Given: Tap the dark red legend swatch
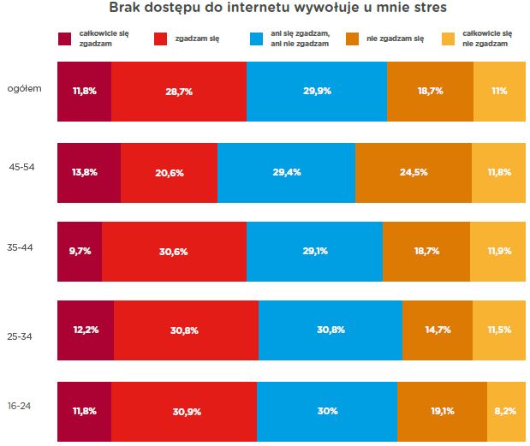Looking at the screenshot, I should click(x=65, y=39).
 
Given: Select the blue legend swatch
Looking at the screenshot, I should click(x=257, y=39).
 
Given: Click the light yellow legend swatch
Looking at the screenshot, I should click(x=448, y=39).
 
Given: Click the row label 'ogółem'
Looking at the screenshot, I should click(x=24, y=89).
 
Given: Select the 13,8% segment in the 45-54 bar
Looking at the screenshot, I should click(x=88, y=172).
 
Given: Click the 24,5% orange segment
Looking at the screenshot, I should click(x=413, y=172).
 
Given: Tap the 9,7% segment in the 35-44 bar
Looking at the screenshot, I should click(x=79, y=252).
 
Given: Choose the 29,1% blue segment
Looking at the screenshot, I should click(x=314, y=252).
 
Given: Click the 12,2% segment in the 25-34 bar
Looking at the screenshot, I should click(x=85, y=330).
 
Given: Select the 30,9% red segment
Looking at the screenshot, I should click(x=183, y=411).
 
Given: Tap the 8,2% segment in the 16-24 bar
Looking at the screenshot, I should click(x=506, y=411).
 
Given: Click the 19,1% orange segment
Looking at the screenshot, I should click(x=442, y=411).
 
